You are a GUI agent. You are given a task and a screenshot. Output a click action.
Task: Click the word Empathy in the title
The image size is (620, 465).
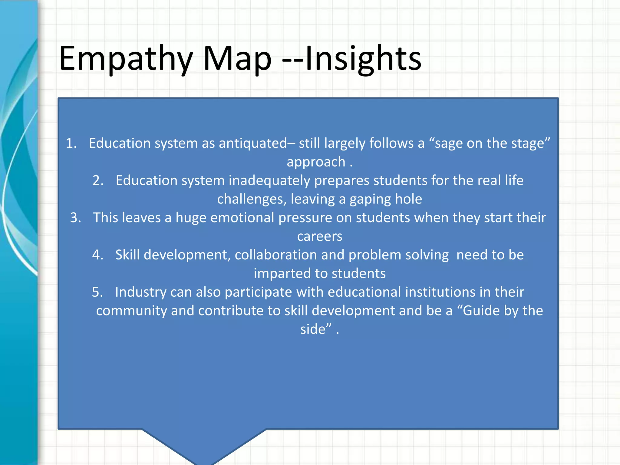[126, 59]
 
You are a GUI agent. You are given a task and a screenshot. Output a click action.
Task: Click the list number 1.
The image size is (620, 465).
[71, 143]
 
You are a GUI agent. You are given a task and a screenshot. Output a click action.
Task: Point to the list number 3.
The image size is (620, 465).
[76, 218]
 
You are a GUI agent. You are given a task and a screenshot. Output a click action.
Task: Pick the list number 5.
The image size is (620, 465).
[97, 292]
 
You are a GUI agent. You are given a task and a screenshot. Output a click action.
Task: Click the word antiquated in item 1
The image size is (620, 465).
[253, 143]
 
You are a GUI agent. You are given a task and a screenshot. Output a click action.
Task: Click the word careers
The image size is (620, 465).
[320, 236]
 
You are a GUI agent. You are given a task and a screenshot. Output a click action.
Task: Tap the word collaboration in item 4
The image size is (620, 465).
[276, 255]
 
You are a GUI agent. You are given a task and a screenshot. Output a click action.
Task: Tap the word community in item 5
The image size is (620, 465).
[131, 311]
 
